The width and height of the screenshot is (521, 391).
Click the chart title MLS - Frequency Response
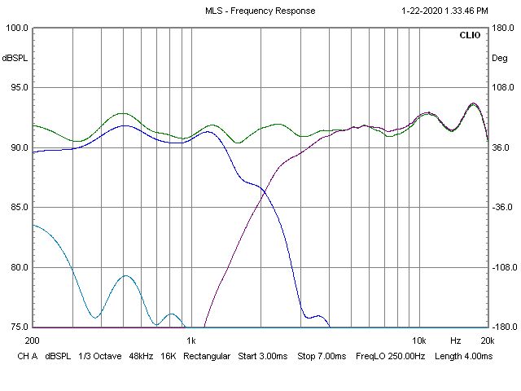[x=260, y=11]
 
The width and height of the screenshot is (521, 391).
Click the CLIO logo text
[x=470, y=36]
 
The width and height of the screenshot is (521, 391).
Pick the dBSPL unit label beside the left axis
[x=15, y=58]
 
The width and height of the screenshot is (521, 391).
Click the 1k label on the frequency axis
[x=191, y=340]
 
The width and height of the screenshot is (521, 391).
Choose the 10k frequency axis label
[x=419, y=340]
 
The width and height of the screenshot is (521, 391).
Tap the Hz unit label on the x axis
[x=455, y=340]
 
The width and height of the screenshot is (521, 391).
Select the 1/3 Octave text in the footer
[x=100, y=356]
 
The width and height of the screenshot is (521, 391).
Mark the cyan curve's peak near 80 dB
[x=125, y=276]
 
